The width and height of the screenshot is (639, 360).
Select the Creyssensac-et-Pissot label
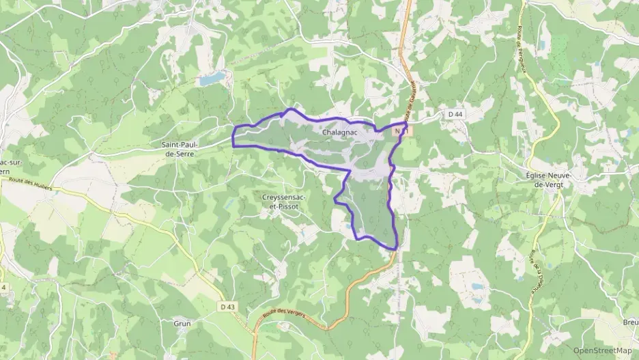point(285,202)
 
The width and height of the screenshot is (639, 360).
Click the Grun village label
point(182,323)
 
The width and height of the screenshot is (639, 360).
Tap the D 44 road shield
point(455,114)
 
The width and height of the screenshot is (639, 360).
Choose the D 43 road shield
point(228,307)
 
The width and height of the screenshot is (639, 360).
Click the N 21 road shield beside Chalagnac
point(400,129)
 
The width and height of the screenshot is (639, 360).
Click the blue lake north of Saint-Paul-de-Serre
point(211,79)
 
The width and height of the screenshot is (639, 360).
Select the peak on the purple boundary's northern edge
point(292,109)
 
